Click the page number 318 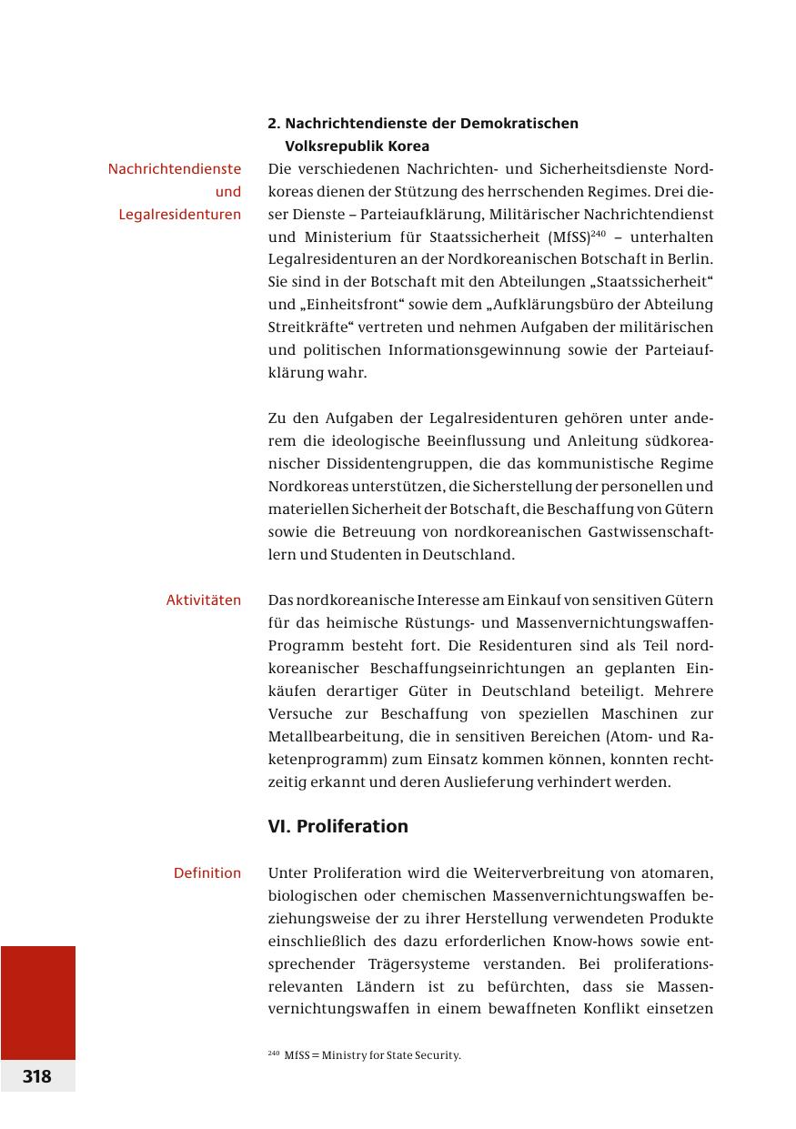37,1076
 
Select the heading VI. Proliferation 338,826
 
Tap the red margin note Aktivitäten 204,600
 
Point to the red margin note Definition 207,873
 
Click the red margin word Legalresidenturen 179,215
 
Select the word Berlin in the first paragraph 690,259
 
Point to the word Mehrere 686,691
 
